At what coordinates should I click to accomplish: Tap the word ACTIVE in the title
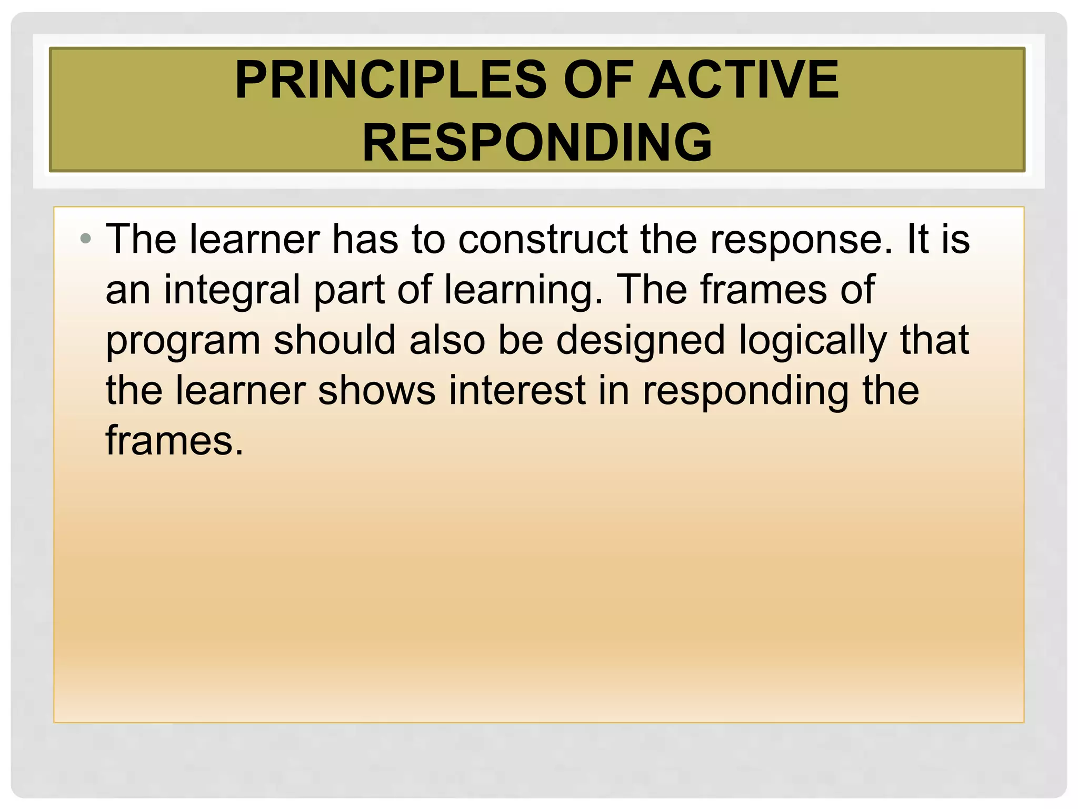(x=743, y=80)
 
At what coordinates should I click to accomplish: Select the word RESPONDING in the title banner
(x=537, y=143)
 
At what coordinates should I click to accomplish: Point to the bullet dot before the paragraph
(x=86, y=240)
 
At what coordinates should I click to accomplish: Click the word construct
(x=543, y=240)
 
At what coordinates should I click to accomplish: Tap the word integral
(x=232, y=291)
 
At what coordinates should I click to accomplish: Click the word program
(x=183, y=341)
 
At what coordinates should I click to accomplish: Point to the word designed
(x=641, y=341)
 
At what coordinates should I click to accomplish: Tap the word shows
(x=377, y=391)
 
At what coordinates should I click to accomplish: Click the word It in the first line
(x=918, y=240)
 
